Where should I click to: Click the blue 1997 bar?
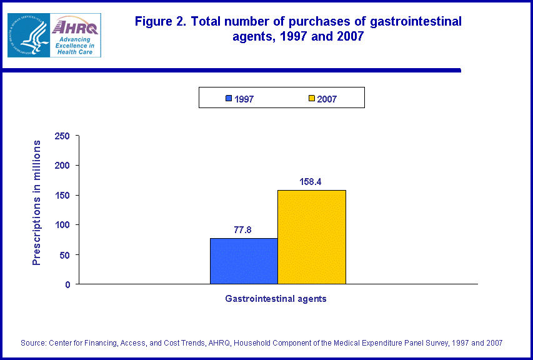click(x=244, y=261)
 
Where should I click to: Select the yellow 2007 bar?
click(x=311, y=237)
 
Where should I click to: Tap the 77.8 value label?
click(x=243, y=230)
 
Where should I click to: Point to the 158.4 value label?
click(x=311, y=182)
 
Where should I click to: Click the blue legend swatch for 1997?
click(x=229, y=99)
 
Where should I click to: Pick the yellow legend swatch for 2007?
click(x=311, y=99)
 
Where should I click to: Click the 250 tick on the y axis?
click(x=62, y=136)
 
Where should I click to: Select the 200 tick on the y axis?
click(x=62, y=166)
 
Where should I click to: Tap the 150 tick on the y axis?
click(x=62, y=196)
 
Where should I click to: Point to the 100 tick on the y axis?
click(x=62, y=225)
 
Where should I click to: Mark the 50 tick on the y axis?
click(x=65, y=255)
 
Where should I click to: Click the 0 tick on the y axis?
click(x=67, y=284)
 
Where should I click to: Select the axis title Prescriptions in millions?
click(x=37, y=202)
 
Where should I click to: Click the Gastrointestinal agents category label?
click(x=276, y=299)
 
